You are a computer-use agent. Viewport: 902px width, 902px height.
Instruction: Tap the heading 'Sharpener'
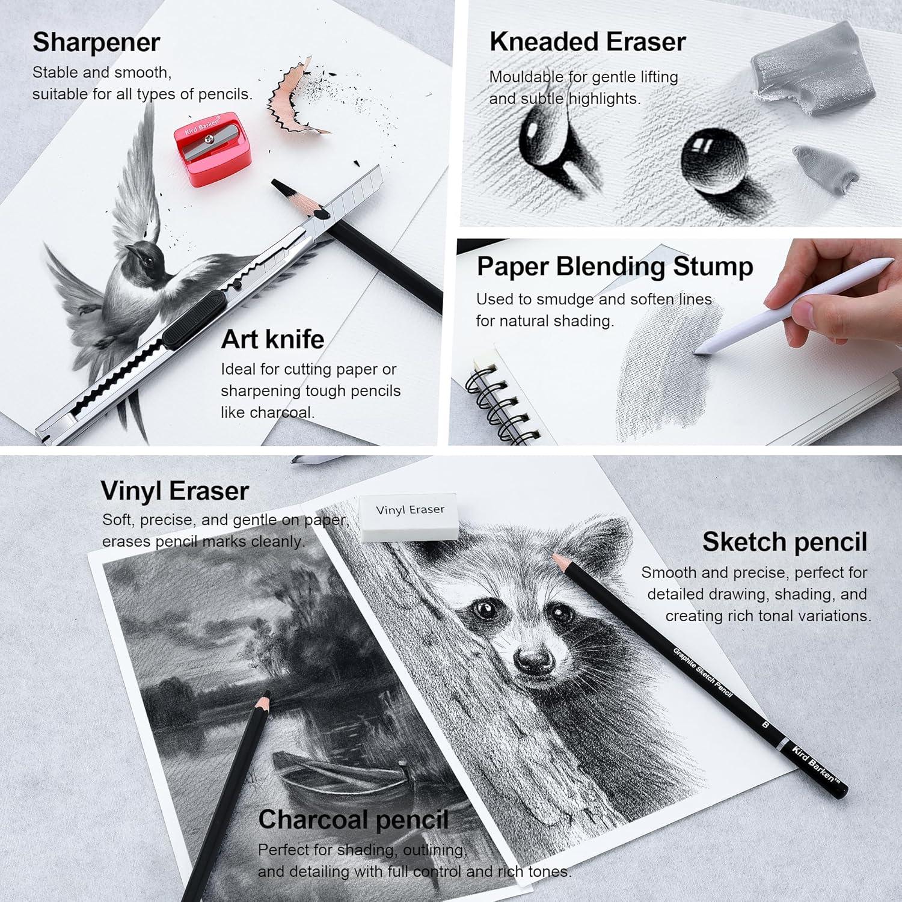[x=96, y=42]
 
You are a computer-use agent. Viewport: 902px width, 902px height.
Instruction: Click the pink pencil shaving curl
[x=295, y=99]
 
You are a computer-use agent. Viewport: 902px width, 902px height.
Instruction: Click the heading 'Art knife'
[x=272, y=339]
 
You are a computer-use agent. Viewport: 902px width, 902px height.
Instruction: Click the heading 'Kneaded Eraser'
[x=588, y=41]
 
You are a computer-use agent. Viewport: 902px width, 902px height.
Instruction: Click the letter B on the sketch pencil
[x=765, y=725]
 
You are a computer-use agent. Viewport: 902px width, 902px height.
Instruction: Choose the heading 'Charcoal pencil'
[x=354, y=820]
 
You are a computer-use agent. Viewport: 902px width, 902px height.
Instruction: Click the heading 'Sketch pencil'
[x=785, y=542]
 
